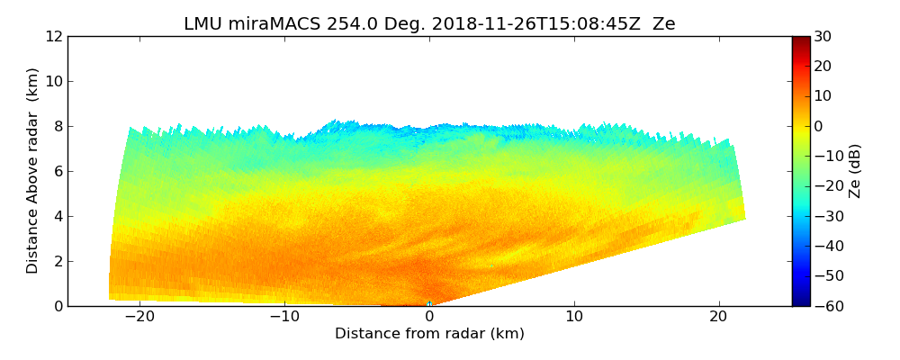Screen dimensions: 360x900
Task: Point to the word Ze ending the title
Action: click(664, 24)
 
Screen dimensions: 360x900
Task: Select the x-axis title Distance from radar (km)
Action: click(429, 334)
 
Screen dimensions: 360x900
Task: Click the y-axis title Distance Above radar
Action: click(33, 170)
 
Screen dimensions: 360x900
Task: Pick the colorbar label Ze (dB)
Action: click(855, 171)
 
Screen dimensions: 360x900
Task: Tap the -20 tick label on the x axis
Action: click(139, 318)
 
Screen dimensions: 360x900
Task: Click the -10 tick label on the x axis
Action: click(284, 318)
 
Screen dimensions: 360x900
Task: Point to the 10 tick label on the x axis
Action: click(574, 318)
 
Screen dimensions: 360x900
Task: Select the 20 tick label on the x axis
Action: click(719, 318)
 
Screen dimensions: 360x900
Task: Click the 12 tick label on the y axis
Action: click(54, 37)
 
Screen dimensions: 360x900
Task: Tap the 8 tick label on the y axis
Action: click(58, 127)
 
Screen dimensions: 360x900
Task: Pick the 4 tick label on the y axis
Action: click(58, 217)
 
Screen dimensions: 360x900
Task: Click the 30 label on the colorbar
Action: click(823, 37)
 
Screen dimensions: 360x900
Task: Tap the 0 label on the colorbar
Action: click(818, 126)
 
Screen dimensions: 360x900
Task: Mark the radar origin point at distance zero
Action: click(429, 304)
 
